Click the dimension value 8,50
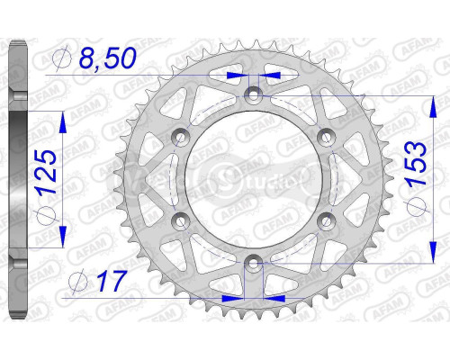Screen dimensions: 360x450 [109, 59]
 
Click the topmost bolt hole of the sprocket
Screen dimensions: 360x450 [253, 93]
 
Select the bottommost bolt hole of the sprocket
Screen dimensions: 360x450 [253, 262]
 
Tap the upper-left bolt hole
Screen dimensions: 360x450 [180, 135]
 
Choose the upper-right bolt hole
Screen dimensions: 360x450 [326, 135]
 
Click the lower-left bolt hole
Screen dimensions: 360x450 [180, 220]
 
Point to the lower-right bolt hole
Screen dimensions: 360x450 [326, 220]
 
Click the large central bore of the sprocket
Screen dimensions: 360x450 [253, 177]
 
